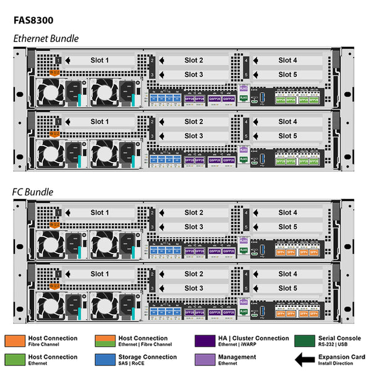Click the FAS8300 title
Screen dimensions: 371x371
pos(38,19)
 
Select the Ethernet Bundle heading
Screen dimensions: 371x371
pos(46,38)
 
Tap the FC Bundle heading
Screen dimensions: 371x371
pos(33,192)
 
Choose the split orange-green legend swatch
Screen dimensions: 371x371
pos(106,341)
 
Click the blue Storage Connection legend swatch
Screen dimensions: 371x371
pos(106,359)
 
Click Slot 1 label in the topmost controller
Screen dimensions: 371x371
pos(100,60)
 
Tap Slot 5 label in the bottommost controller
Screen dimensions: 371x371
pos(288,288)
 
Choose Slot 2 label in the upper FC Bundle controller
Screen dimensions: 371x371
pos(194,213)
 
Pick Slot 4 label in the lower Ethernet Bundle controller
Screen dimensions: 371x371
pos(288,122)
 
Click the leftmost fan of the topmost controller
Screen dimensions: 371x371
pos(49,93)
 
